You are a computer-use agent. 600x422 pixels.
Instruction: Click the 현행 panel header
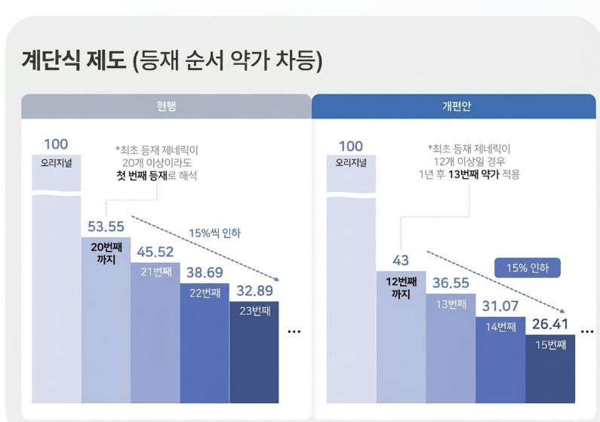[x=166, y=106]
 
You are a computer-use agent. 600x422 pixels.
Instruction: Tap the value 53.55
[x=106, y=227]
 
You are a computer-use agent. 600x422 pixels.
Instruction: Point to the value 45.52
[x=155, y=252]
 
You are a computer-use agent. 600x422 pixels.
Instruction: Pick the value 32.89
[x=254, y=290]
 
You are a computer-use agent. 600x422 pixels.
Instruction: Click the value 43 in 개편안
[x=401, y=260]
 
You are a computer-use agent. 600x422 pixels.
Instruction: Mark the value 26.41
[x=549, y=325]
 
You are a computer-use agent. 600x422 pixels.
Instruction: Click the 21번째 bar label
[x=155, y=271]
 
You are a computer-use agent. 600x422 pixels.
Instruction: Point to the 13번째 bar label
[x=450, y=303]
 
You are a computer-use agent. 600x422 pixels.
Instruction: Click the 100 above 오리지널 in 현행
[x=56, y=145]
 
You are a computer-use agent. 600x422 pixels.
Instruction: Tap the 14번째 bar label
[x=500, y=326]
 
